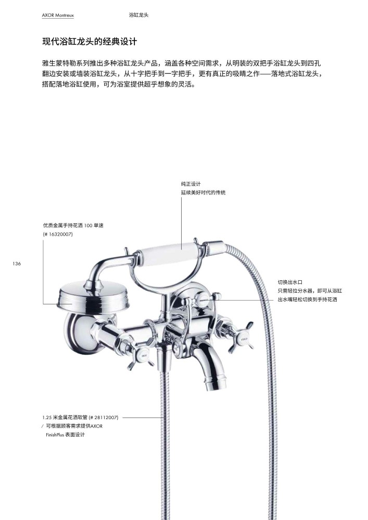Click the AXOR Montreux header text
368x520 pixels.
58,15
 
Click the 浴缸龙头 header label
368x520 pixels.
138,15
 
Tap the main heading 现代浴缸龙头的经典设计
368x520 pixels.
90,42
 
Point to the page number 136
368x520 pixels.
17,264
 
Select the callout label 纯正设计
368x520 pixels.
191,184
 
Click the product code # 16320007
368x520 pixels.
58,234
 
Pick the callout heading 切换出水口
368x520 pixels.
290,282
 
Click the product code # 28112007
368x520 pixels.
104,417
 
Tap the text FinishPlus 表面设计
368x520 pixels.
65,434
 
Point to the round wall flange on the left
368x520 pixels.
81,332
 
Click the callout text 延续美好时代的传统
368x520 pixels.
203,192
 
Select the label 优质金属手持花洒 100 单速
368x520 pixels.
73,226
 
